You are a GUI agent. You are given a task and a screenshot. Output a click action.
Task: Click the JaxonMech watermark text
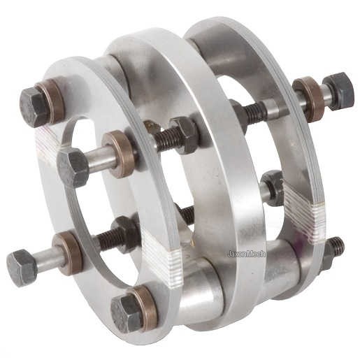click(246, 254)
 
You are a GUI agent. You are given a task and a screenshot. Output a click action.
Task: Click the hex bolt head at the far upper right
click(339, 91)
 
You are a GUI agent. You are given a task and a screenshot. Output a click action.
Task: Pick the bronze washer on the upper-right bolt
click(308, 99)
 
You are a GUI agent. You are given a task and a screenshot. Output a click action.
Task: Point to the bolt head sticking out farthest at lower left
click(22, 268)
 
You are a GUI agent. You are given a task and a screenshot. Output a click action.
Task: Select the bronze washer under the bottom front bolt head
click(145, 308)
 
